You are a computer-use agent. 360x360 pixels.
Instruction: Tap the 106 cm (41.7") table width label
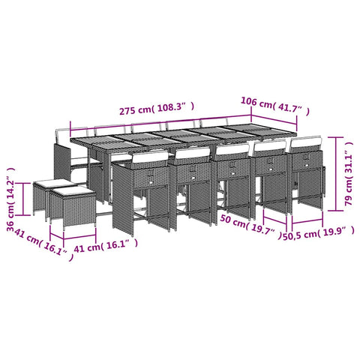point(275,106)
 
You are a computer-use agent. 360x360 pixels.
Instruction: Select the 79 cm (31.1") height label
point(349,173)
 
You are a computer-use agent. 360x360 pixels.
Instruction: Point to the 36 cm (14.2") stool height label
point(10,199)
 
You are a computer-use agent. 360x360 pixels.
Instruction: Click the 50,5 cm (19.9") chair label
point(318,233)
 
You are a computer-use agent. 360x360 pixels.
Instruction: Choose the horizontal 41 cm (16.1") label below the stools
point(106,245)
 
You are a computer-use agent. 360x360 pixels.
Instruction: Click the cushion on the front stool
point(73,192)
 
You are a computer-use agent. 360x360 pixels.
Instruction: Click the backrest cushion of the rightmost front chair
point(305,144)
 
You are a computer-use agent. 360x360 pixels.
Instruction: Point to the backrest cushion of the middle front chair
point(232,149)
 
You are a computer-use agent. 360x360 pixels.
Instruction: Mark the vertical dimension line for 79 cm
point(336,174)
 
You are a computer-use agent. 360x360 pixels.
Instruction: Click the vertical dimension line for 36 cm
point(23,199)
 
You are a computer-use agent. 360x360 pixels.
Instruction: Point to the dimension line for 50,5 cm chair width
point(307,221)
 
